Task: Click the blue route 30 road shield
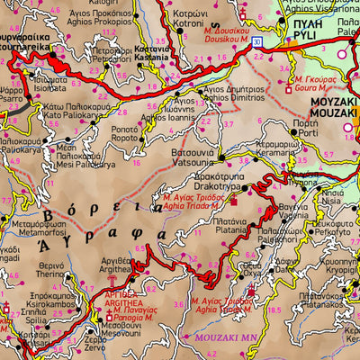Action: click(x=257, y=42)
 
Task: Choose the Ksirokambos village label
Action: click(x=33, y=307)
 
